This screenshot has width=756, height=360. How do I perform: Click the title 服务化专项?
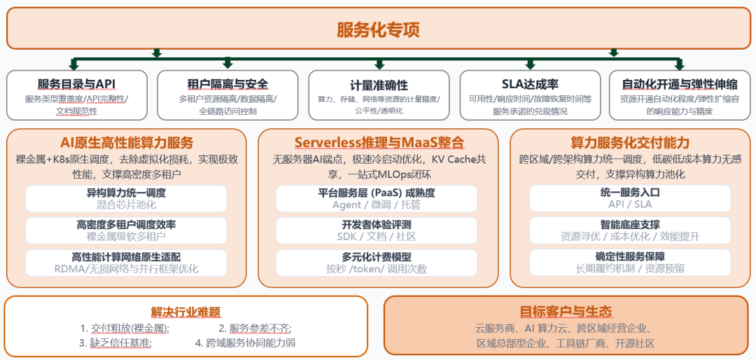pos(378,29)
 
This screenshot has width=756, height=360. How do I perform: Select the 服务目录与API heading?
pos(76,84)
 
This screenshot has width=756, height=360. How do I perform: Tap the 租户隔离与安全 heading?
pos(227,84)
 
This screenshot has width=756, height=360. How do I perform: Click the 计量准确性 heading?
pos(379,85)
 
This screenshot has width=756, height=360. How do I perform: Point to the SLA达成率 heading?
pos(530,84)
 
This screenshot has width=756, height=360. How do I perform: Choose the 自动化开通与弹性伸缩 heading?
pos(680,84)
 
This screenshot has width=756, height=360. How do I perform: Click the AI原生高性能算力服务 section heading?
pos(126,143)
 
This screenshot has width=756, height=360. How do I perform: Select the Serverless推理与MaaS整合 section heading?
pos(379,143)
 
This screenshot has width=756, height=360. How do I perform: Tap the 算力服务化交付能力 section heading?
pos(630,143)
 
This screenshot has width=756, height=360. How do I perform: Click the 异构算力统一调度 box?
pos(126,199)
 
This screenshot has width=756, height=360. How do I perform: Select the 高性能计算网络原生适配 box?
pos(126,262)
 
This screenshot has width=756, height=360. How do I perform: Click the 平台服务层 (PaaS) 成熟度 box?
pos(377,199)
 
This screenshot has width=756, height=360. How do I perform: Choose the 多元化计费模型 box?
pos(377,262)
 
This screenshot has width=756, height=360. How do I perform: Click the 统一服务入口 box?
pos(630,199)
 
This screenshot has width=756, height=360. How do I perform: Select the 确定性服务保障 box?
pos(630,262)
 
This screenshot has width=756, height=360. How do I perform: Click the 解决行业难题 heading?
pos(185,312)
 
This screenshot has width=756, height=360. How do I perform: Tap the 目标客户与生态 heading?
pos(566,312)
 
